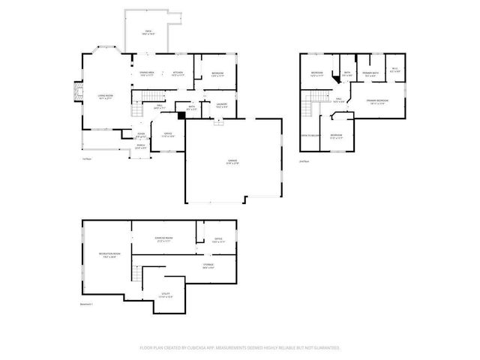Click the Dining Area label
(146, 73)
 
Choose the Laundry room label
(222, 105)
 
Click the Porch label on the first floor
(139, 147)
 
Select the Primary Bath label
(370, 73)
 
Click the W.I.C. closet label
(395, 71)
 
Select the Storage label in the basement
(208, 265)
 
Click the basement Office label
(218, 241)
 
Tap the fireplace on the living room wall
(76, 91)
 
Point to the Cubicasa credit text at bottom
(240, 348)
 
